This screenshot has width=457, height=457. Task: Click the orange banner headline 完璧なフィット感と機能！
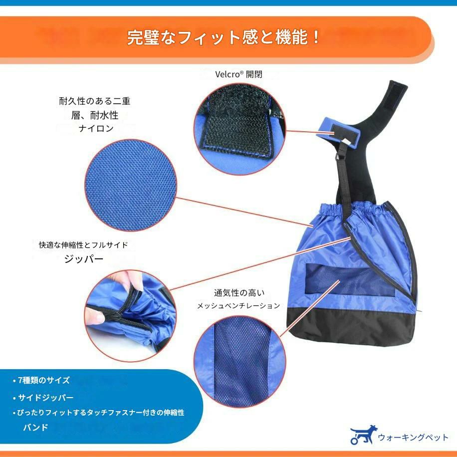[x=224, y=37]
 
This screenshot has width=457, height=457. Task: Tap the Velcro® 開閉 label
[x=238, y=74]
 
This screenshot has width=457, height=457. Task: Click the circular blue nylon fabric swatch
[x=131, y=186]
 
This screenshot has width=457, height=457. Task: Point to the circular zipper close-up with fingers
[x=130, y=316]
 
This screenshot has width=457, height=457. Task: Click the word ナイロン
[x=96, y=128]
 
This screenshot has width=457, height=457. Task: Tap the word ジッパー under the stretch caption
[x=84, y=258]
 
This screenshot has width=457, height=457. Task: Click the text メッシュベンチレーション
[x=238, y=306]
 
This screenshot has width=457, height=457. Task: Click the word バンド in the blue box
[x=35, y=427]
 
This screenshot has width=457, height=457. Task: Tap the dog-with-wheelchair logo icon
[x=363, y=434]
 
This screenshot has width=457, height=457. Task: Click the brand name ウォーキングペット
[x=413, y=437]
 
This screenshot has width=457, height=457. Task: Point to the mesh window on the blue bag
[x=350, y=279]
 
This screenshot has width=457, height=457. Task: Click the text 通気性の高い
[x=239, y=293]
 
